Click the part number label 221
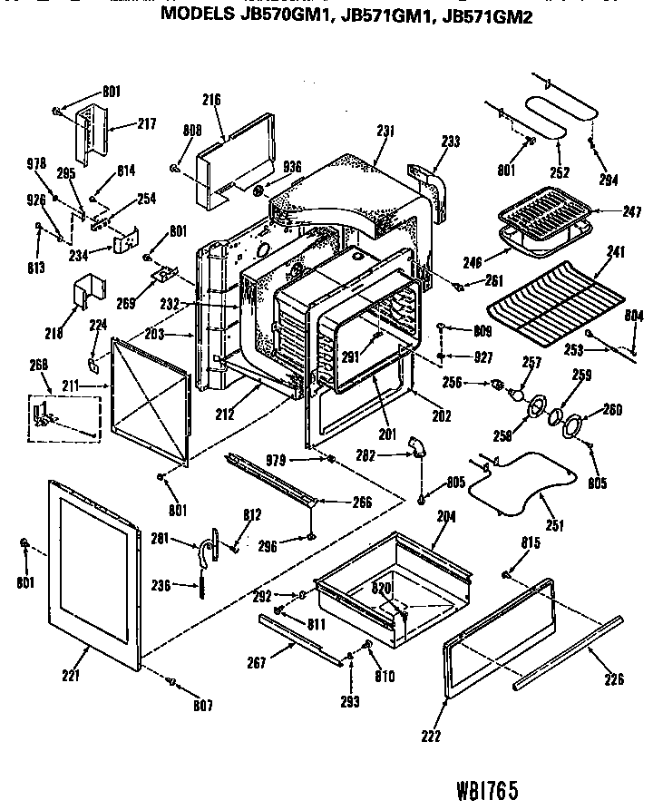pyautogui.click(x=70, y=675)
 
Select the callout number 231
pyautogui.click(x=385, y=131)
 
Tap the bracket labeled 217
pyautogui.click(x=91, y=136)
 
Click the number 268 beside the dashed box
pyautogui.click(x=38, y=366)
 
